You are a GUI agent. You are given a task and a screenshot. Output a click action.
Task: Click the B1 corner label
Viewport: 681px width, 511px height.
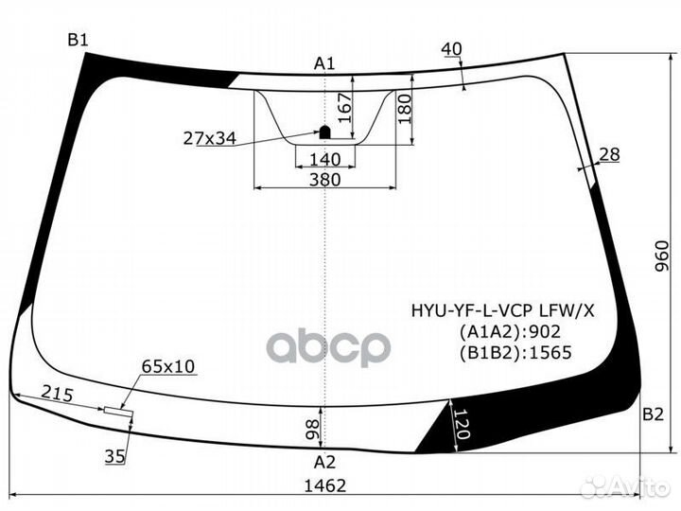coord(77,39)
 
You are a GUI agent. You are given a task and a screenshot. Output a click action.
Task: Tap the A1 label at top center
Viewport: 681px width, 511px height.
coord(324,63)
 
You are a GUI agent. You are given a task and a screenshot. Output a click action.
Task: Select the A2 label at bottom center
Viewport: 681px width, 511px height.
coord(324,462)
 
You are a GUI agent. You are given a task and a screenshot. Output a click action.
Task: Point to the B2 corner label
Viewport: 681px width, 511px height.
coord(653,414)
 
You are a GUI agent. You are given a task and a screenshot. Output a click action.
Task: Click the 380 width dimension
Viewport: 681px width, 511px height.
coord(323,179)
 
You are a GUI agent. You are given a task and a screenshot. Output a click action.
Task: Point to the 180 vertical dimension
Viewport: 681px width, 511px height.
coord(405,111)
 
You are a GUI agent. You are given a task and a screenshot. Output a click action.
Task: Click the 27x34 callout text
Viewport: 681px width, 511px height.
coord(209,138)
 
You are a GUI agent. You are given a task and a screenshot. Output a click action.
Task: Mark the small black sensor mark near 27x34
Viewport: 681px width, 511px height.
coord(323,132)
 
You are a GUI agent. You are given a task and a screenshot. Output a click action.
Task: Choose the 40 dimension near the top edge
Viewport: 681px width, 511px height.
coord(451,48)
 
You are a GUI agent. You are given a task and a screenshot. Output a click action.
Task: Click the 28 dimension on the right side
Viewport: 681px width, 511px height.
coord(608,154)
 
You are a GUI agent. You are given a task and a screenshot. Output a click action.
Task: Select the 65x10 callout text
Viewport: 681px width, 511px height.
coord(167,365)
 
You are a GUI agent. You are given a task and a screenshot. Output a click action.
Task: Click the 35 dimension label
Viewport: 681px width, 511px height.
coord(114,457)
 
